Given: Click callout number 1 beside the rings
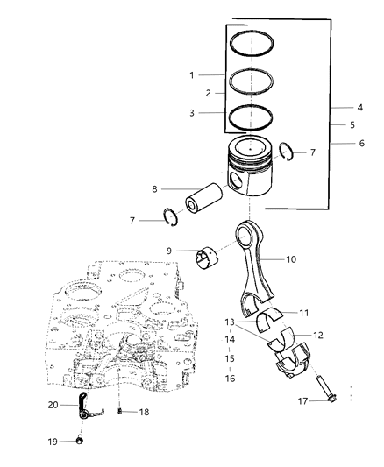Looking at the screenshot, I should [190, 75].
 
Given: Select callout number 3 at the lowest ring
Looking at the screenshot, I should [190, 113].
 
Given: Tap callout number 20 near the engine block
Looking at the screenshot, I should [53, 405].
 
